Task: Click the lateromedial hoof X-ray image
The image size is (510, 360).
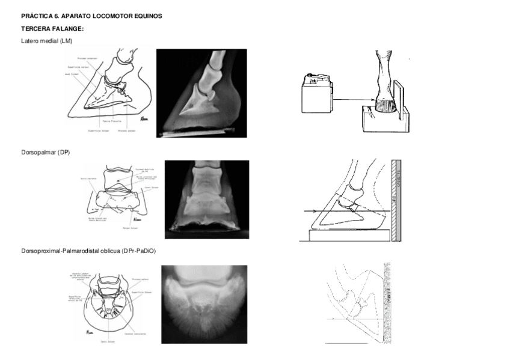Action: [x=201, y=93]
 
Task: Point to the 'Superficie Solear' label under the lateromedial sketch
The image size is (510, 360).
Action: [x=97, y=130]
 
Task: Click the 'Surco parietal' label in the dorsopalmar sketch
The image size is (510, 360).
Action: [x=88, y=179]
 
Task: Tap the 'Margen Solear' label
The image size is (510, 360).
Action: [x=131, y=228]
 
